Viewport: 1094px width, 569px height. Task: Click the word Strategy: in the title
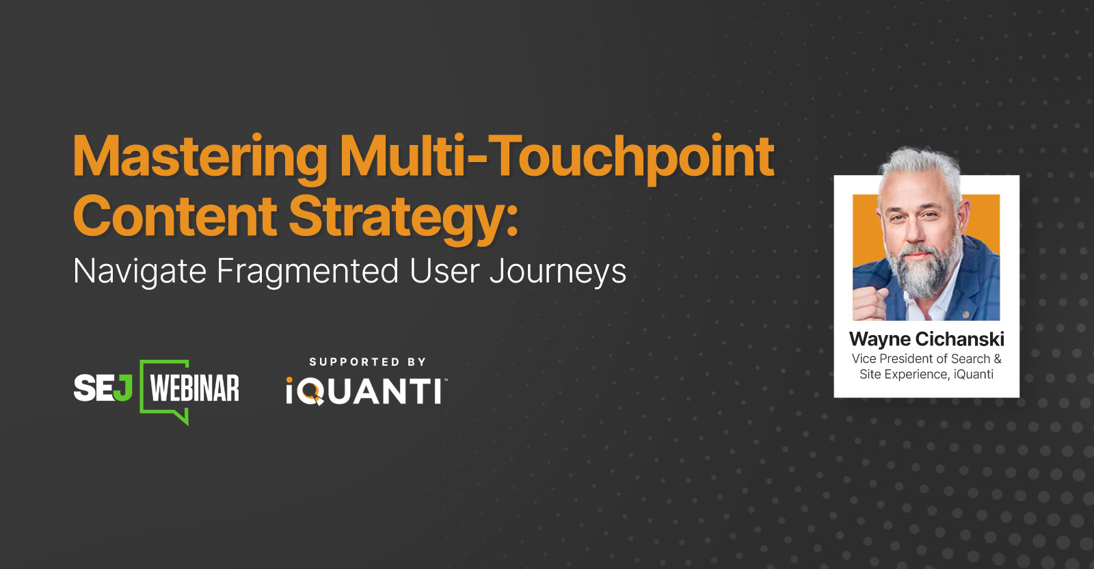(x=403, y=217)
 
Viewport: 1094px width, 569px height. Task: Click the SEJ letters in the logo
(x=103, y=388)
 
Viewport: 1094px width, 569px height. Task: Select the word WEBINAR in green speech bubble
(x=195, y=388)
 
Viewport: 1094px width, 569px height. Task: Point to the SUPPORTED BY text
(x=367, y=362)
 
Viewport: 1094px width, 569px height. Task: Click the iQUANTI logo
(x=366, y=392)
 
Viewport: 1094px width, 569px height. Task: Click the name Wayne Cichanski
(x=926, y=339)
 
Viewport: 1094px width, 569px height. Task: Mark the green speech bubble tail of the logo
(x=182, y=416)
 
